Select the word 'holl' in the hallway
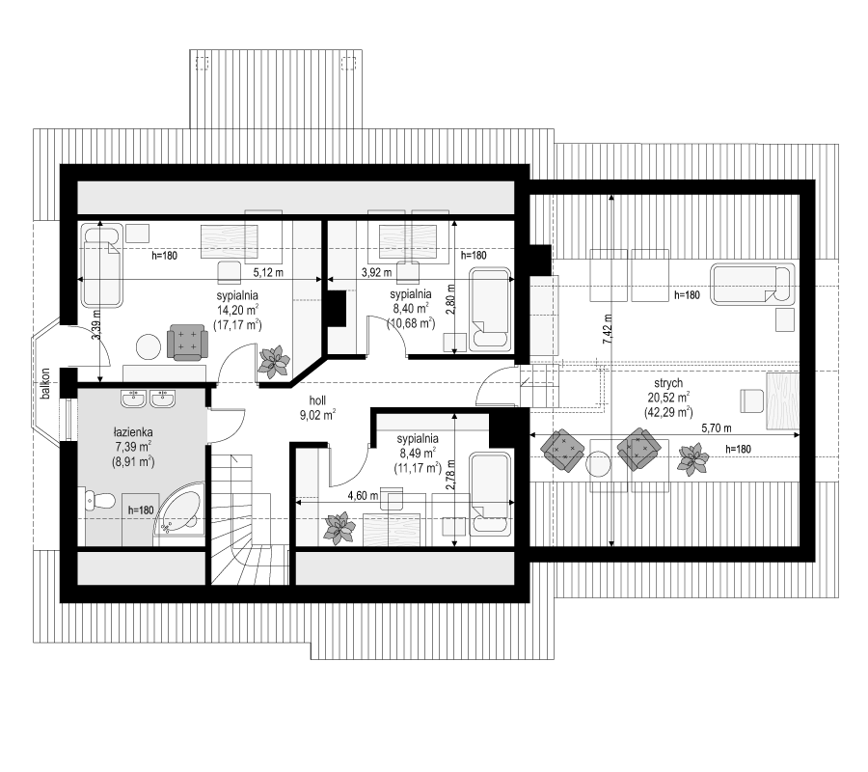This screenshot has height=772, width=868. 317,400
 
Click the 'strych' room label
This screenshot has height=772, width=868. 668,383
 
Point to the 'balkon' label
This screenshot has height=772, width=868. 45,383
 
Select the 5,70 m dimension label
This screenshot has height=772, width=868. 717,427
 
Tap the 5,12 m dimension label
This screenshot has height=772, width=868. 268,272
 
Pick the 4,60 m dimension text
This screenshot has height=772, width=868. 364,496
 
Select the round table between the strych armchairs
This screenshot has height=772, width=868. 598,463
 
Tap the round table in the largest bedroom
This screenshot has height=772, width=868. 149,346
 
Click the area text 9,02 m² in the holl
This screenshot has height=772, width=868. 317,415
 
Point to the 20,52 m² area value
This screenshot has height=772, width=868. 668,398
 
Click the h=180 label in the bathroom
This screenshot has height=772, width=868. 141,510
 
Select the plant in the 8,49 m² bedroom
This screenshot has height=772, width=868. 339,528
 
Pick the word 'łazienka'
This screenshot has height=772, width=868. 132,432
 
